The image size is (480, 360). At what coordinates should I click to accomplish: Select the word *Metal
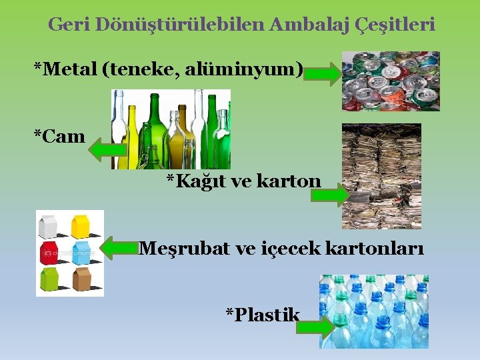pyautogui.click(x=66, y=69)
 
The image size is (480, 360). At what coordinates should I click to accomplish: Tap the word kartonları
pyautogui.click(x=379, y=249)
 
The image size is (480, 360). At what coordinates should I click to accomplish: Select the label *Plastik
pyautogui.click(x=263, y=315)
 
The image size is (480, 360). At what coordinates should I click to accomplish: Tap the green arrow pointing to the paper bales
pyautogui.click(x=329, y=195)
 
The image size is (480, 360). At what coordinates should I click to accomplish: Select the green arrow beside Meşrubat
pyautogui.click(x=120, y=249)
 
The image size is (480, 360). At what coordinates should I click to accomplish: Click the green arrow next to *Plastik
pyautogui.click(x=317, y=329)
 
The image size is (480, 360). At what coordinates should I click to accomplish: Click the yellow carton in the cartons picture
pyautogui.click(x=81, y=227)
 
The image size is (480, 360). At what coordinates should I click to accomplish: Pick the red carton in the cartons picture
pyautogui.click(x=49, y=252)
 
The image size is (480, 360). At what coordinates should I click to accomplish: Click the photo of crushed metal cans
pyautogui.click(x=391, y=81)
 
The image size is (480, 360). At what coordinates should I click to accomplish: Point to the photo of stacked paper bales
pyautogui.click(x=381, y=175)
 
